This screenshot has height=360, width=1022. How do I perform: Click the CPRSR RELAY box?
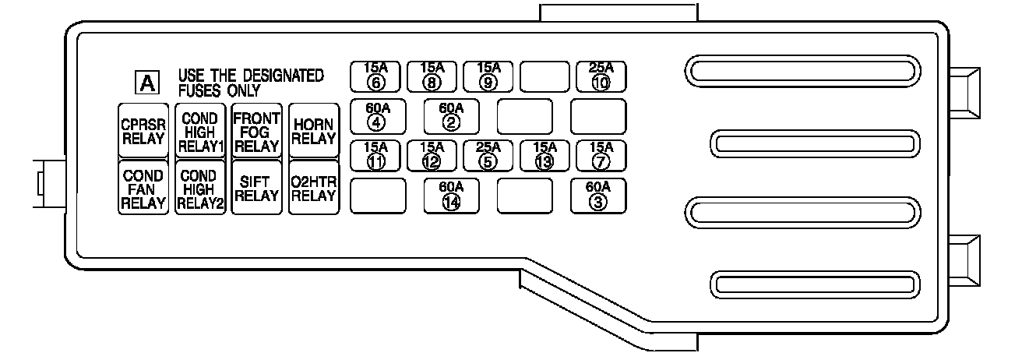(143, 130)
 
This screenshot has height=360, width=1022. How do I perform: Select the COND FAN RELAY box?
(143, 188)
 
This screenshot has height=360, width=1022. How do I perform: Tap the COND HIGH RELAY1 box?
(199, 130)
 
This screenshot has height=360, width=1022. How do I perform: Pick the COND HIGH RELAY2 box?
(199, 188)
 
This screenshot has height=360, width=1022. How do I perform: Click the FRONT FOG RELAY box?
(256, 130)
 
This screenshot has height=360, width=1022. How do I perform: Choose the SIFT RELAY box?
(256, 188)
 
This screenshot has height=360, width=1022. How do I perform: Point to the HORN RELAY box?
(314, 130)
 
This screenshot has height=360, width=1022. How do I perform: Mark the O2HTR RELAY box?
(314, 188)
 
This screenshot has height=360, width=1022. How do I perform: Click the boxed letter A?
(146, 82)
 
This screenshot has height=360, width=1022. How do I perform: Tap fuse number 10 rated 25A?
(600, 76)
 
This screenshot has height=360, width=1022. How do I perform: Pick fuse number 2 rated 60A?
(450, 115)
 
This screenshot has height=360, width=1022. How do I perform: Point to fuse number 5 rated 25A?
(488, 155)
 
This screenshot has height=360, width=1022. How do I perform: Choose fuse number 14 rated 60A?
(450, 196)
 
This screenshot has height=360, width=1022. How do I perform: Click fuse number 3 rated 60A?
(598, 196)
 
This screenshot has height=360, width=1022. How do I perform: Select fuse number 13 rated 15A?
(545, 155)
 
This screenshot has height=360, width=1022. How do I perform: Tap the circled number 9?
(488, 81)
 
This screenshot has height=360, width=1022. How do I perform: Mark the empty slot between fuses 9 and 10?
(544, 76)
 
